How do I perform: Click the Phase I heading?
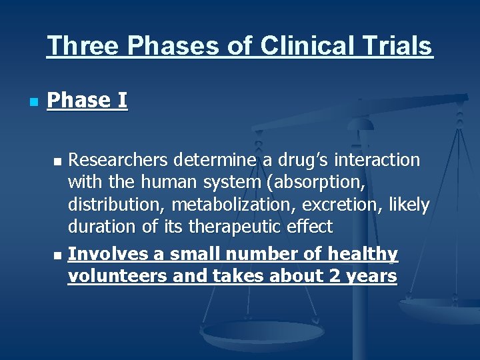point(87,101)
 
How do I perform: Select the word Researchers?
point(119,161)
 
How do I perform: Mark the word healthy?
point(363,255)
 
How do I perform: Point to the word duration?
point(101,227)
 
